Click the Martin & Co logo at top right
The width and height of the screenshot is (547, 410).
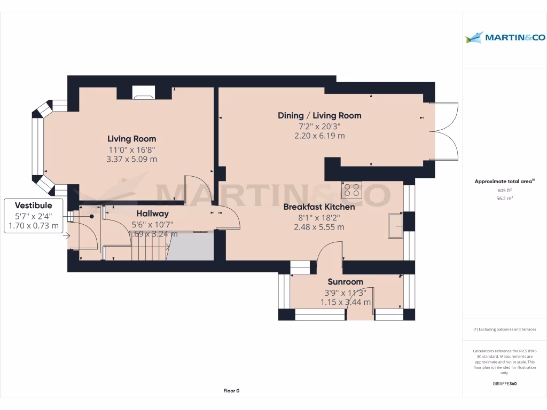504,37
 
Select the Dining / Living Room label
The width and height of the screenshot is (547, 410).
319,115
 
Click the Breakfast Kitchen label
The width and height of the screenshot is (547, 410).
319,207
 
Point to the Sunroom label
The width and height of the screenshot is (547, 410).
345,282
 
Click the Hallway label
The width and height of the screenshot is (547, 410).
152,214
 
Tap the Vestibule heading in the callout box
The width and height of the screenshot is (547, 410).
33,206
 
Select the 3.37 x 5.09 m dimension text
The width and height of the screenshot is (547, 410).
132,159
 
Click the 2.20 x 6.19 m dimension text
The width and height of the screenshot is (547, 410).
319,136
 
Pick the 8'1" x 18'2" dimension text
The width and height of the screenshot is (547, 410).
319,217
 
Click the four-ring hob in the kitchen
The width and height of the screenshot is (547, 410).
351,191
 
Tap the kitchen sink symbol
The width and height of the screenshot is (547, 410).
396,225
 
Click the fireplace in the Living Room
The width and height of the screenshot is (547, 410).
143,96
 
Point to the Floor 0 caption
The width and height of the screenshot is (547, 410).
231,391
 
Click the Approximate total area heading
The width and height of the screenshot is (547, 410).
504,182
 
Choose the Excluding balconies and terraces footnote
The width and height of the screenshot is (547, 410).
505,329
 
